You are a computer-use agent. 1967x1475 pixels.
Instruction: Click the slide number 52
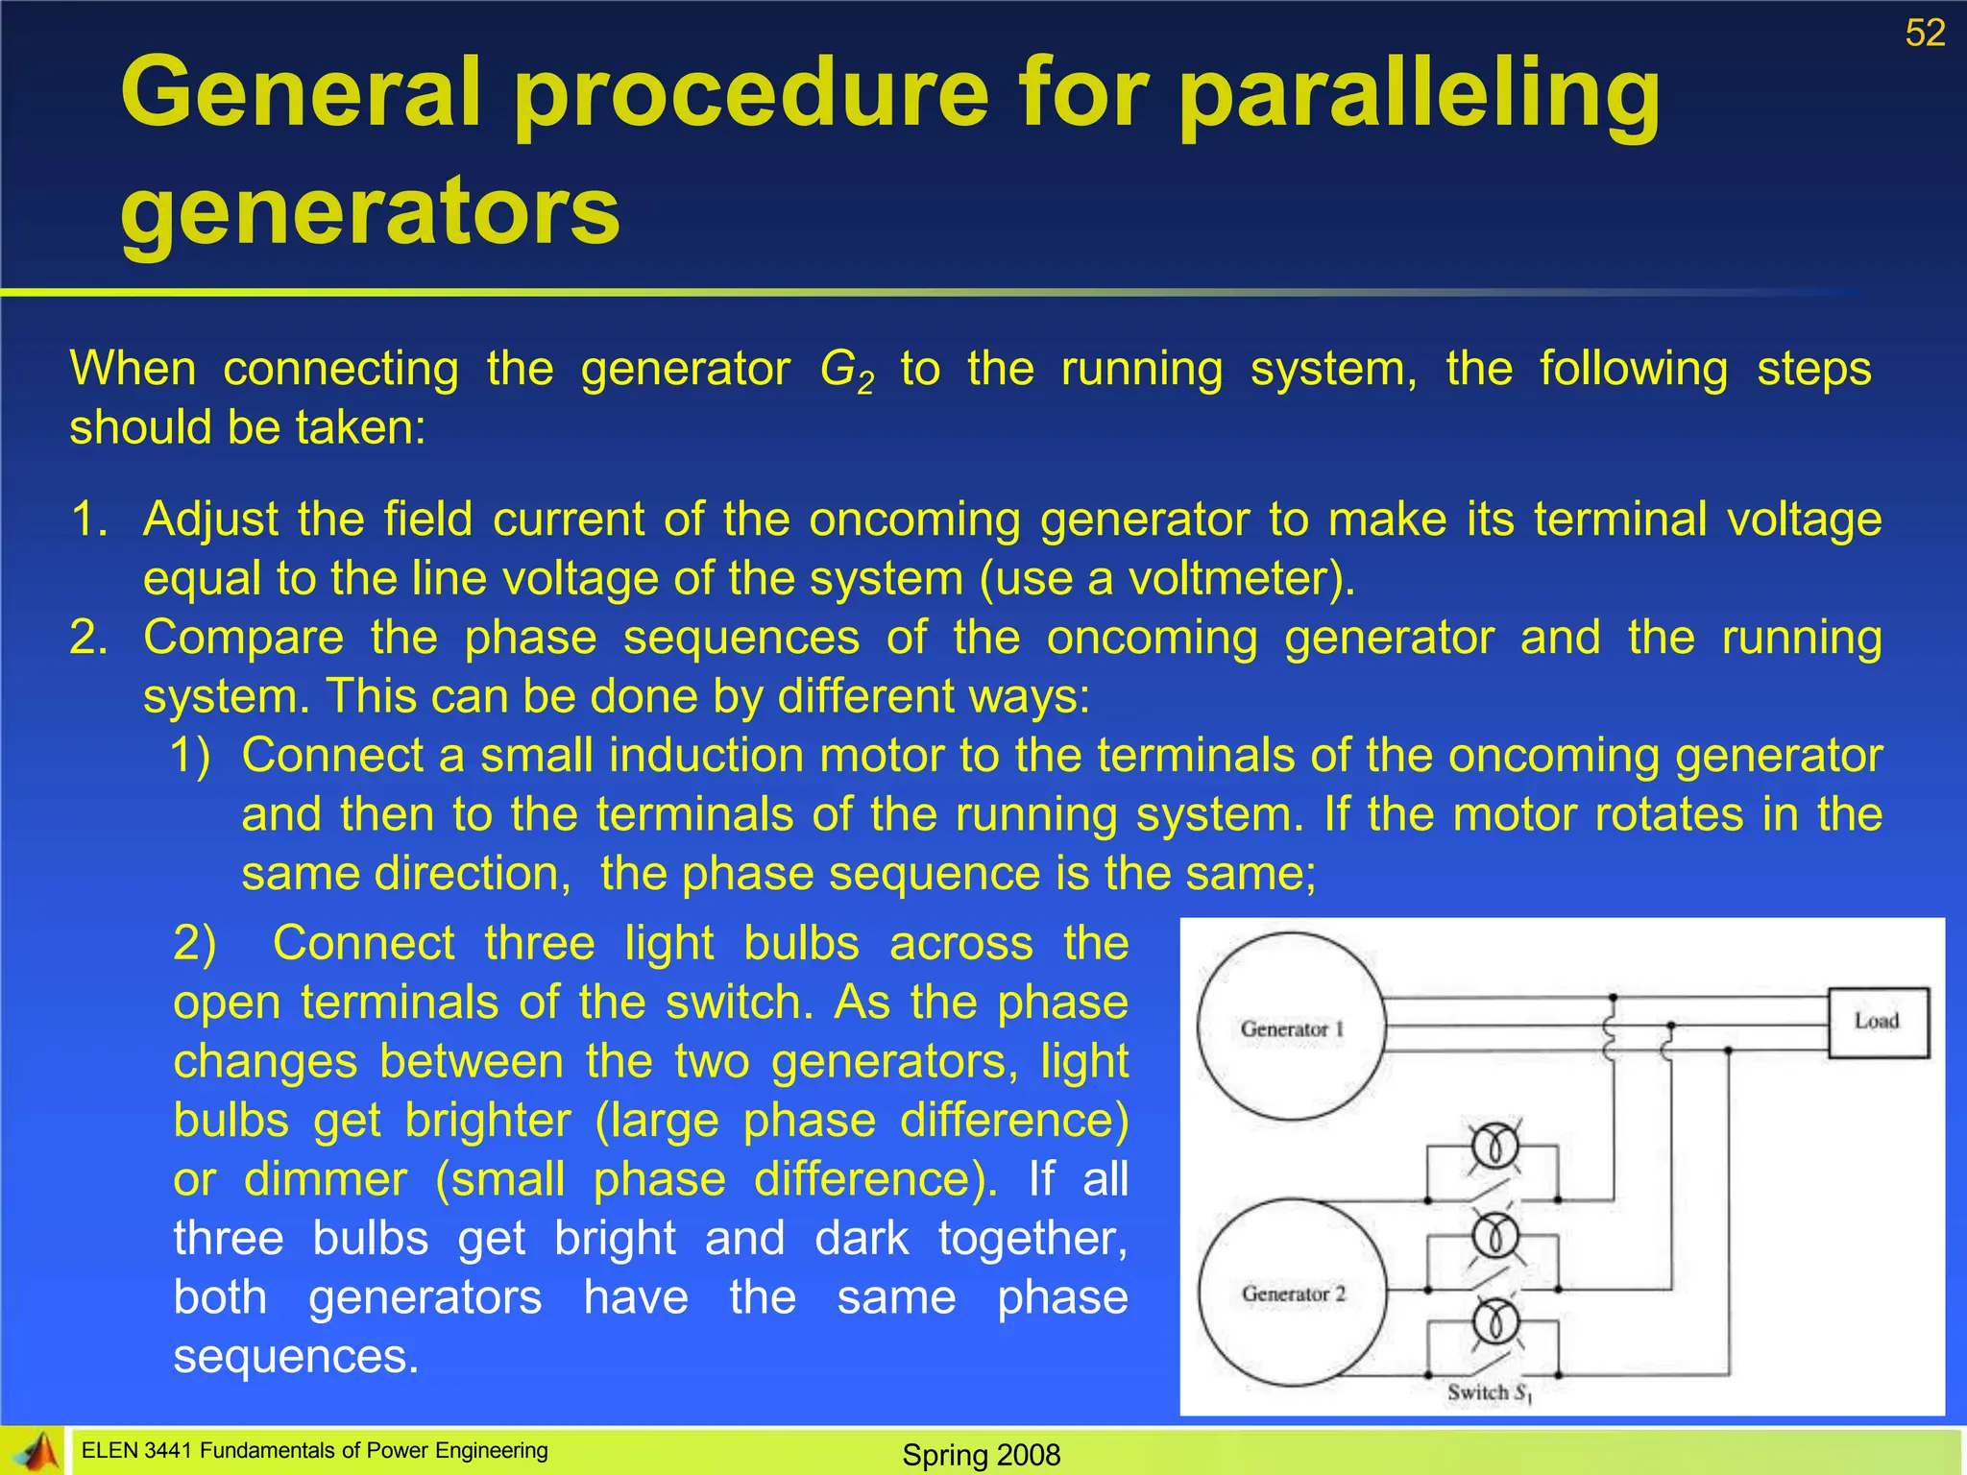(x=1925, y=34)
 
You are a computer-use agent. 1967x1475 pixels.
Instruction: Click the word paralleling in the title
(x=1419, y=94)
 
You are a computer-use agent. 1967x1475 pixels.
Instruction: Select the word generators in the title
(x=370, y=211)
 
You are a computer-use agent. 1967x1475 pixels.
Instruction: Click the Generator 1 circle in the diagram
(x=1292, y=1027)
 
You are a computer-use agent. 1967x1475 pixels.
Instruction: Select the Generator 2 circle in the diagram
(x=1292, y=1293)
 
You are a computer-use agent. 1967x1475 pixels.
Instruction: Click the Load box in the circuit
(x=1877, y=1022)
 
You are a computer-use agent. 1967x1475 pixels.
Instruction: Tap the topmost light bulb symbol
(x=1494, y=1146)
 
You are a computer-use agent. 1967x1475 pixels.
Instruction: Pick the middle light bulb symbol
(x=1494, y=1235)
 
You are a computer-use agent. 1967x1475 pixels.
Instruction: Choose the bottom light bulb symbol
(x=1494, y=1322)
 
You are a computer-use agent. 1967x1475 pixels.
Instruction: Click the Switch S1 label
(x=1489, y=1392)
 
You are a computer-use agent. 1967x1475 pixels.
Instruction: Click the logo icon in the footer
(x=35, y=1451)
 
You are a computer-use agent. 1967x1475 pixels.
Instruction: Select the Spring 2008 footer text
(x=981, y=1455)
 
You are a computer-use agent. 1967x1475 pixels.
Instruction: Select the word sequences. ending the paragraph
(x=296, y=1357)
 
